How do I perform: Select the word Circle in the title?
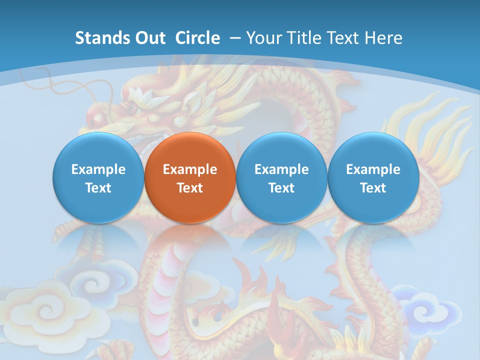pyautogui.click(x=197, y=38)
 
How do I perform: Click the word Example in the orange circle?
pyautogui.click(x=190, y=169)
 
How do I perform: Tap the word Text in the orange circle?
pyautogui.click(x=190, y=188)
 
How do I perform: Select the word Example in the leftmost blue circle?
pyautogui.click(x=98, y=169)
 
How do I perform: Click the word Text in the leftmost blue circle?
pyautogui.click(x=98, y=188)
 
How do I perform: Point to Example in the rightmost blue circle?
pyautogui.click(x=373, y=169)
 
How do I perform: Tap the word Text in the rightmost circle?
pyautogui.click(x=373, y=188)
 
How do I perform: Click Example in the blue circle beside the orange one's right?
pyautogui.click(x=281, y=169)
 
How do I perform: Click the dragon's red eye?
pyautogui.click(x=133, y=106)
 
